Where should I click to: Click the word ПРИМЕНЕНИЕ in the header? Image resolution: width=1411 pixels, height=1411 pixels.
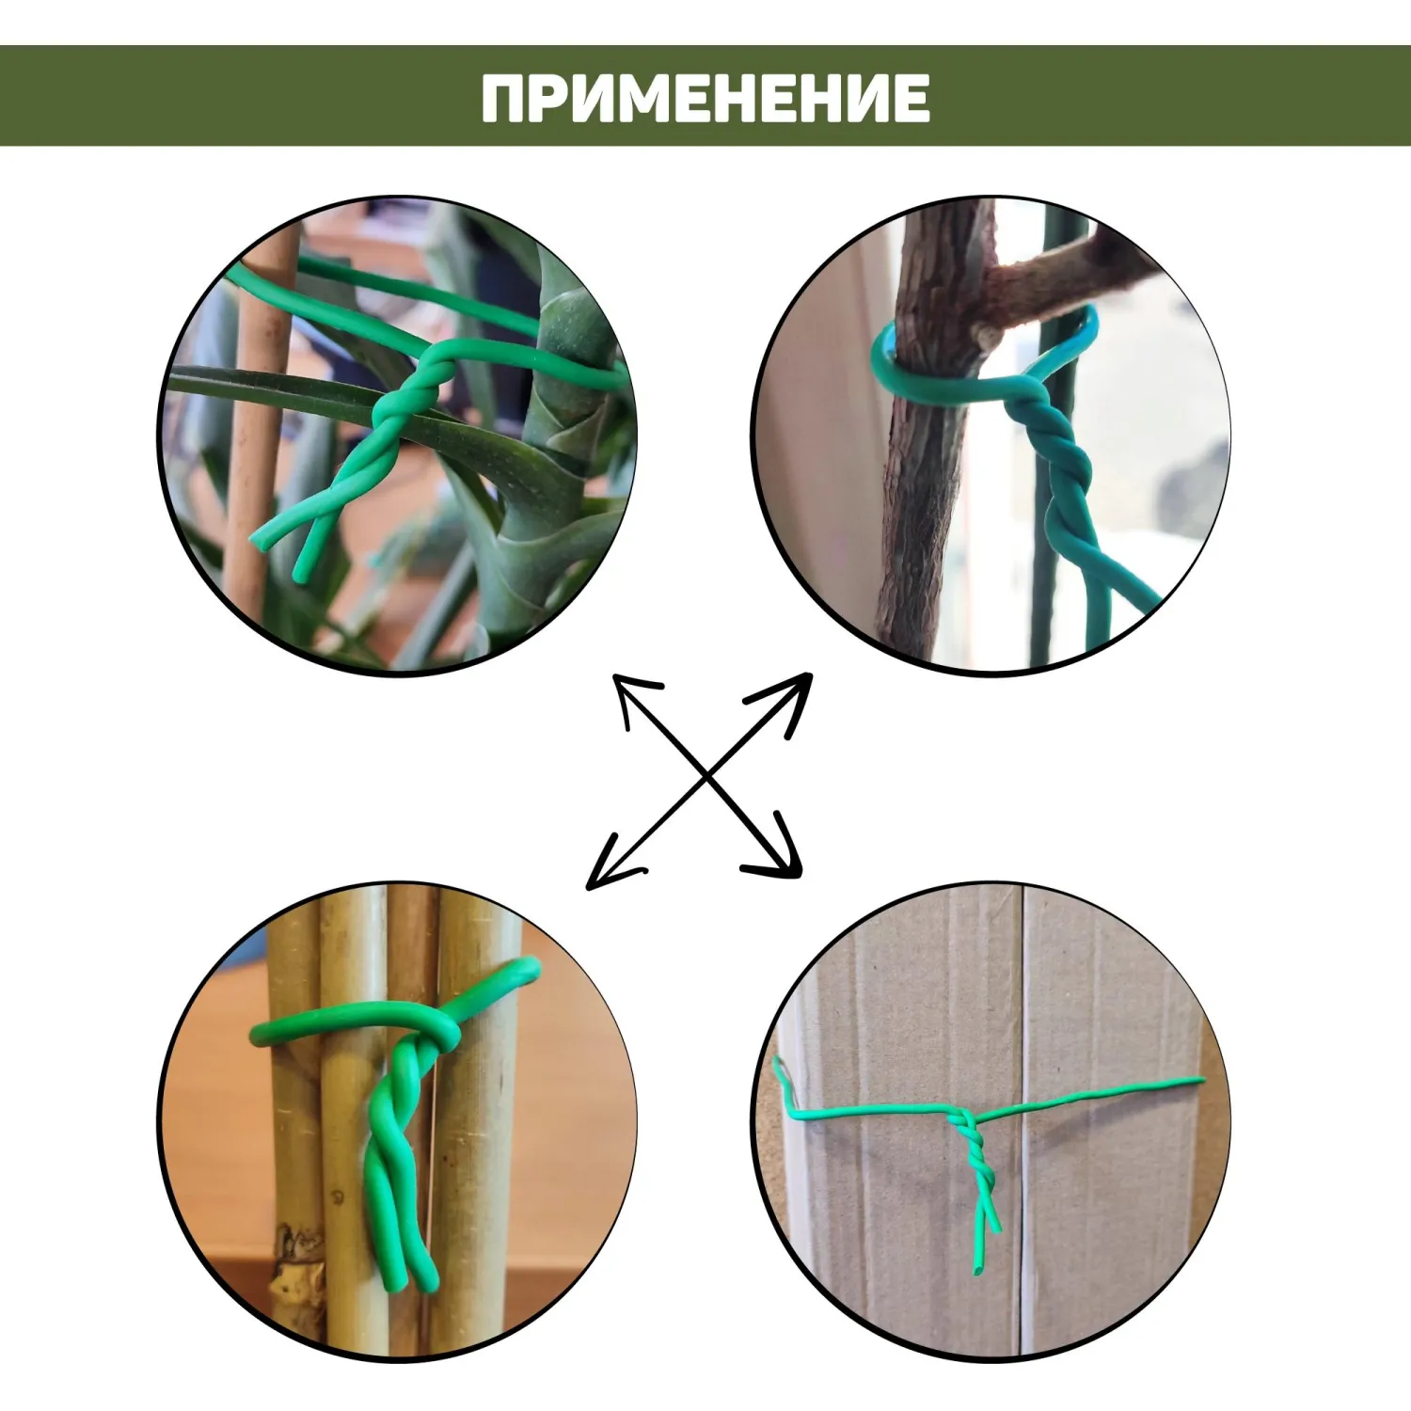[x=705, y=98]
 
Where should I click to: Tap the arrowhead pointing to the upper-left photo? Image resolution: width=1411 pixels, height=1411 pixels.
[x=634, y=696]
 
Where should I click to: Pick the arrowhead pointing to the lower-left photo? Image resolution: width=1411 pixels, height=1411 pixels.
[x=610, y=864]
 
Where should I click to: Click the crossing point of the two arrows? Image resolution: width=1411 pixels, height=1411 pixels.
[x=706, y=777]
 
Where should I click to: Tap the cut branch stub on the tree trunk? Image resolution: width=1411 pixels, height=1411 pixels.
[x=987, y=334]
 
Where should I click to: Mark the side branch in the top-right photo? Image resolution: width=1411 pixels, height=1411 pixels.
[x=1063, y=282]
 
